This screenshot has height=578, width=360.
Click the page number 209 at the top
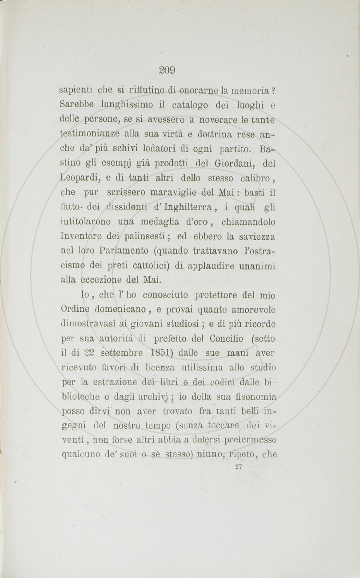click(168, 69)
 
